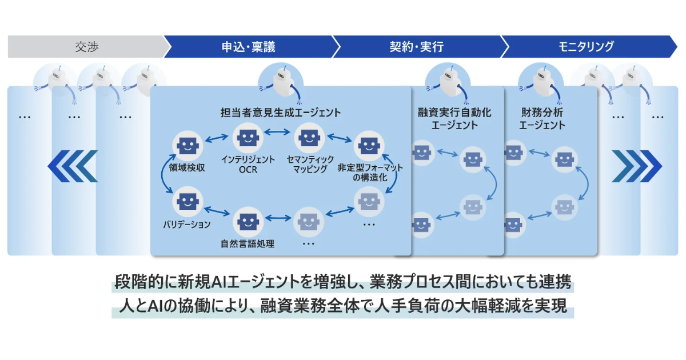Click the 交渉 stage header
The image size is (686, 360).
click(x=86, y=47)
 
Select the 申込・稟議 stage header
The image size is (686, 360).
click(x=248, y=47)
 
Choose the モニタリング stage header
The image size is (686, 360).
click(x=587, y=47)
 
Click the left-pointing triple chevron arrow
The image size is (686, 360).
click(x=73, y=166)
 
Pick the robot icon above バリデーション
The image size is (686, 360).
click(x=187, y=201)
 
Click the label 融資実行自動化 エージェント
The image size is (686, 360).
click(x=454, y=118)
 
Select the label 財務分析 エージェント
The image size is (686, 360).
click(x=543, y=118)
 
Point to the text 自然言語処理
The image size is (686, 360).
click(x=248, y=244)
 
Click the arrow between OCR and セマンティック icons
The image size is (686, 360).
click(x=278, y=133)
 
